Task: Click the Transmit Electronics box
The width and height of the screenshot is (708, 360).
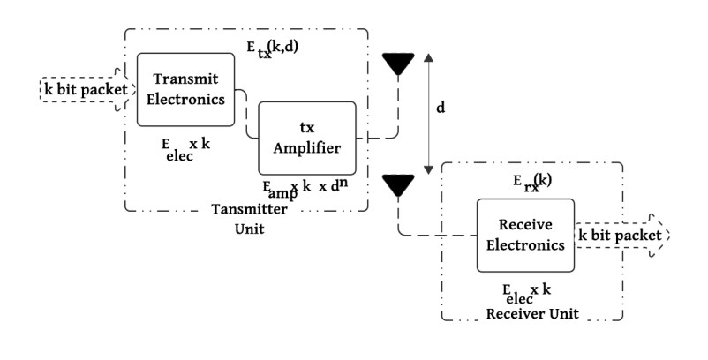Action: [185, 89]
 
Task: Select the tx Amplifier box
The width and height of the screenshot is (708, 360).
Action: [307, 138]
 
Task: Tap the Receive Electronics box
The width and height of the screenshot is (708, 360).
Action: [525, 236]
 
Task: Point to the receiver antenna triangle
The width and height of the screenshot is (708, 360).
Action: [398, 185]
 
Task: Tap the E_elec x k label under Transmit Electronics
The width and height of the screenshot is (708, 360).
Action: [185, 147]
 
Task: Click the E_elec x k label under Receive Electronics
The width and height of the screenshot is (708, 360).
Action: [526, 293]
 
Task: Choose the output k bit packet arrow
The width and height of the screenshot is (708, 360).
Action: [622, 236]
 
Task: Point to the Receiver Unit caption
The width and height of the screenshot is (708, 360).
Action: [527, 312]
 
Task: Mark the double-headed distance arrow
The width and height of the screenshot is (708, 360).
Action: [428, 113]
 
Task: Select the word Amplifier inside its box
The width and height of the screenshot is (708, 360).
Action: [307, 148]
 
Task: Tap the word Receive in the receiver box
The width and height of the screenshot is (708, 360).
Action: [525, 226]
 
